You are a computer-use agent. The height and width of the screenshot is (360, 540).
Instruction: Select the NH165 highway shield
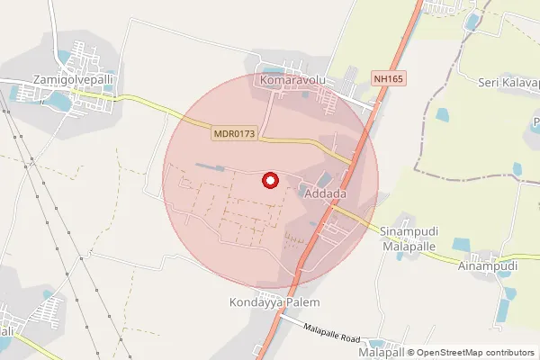389,79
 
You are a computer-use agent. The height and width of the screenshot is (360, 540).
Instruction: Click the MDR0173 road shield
235,133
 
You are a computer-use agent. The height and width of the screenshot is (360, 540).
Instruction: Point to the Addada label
326,194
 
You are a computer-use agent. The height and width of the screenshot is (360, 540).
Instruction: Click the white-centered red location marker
269,181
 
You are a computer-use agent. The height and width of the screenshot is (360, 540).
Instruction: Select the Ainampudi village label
487,266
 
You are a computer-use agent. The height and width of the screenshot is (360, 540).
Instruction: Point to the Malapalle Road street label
331,334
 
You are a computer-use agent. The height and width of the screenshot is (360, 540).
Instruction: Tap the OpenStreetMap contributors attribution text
474,353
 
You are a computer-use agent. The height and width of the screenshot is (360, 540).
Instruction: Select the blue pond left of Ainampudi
462,245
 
